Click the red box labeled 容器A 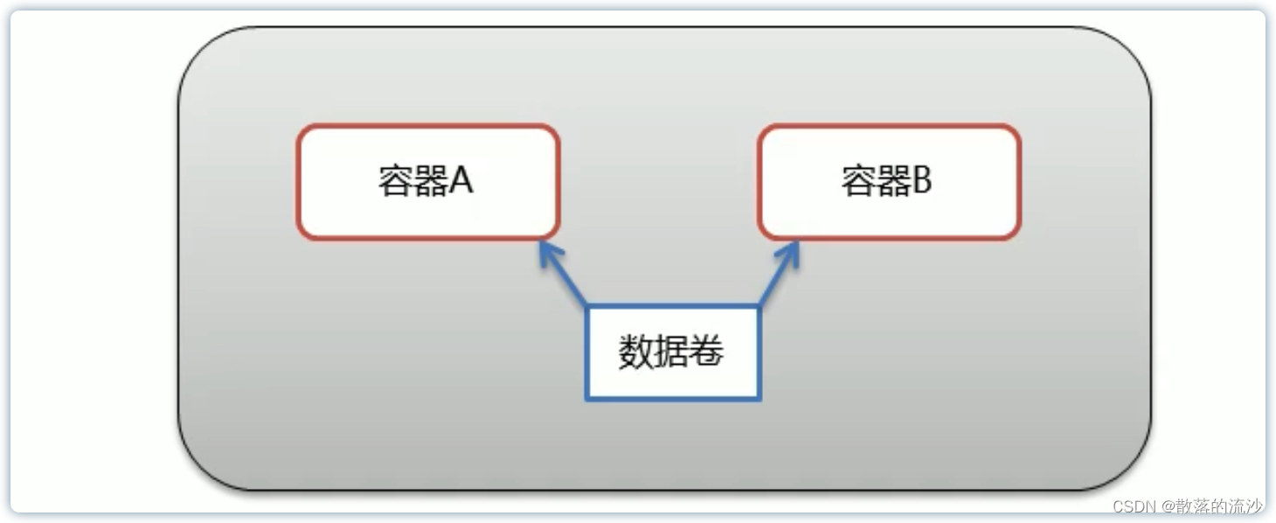[427, 182]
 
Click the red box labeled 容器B [889, 182]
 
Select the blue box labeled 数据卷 [672, 352]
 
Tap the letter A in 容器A [461, 180]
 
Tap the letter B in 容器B [922, 180]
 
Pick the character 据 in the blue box [671, 352]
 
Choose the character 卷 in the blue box [707, 352]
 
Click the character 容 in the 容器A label [396, 181]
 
